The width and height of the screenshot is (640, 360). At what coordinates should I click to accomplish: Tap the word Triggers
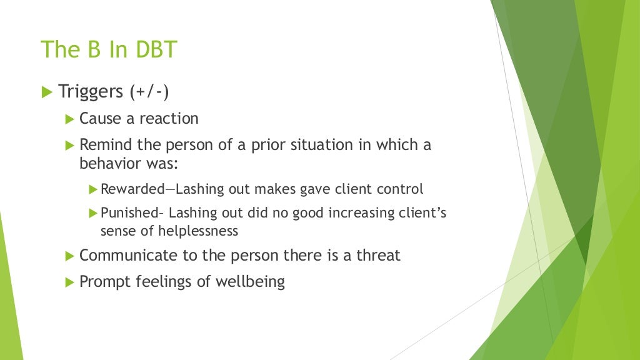pyautogui.click(x=91, y=91)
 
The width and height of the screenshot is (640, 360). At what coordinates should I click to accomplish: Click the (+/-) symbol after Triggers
pyautogui.click(x=150, y=92)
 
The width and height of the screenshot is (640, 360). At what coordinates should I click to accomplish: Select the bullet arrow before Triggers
pyautogui.click(x=46, y=92)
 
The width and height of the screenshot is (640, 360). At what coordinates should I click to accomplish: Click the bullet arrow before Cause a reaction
pyautogui.click(x=69, y=118)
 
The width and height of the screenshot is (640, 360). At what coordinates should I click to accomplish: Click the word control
pyautogui.click(x=401, y=189)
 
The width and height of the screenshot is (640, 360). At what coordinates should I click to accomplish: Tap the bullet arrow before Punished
pyautogui.click(x=93, y=213)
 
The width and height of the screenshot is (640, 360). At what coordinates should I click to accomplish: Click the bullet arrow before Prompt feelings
pyautogui.click(x=69, y=282)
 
